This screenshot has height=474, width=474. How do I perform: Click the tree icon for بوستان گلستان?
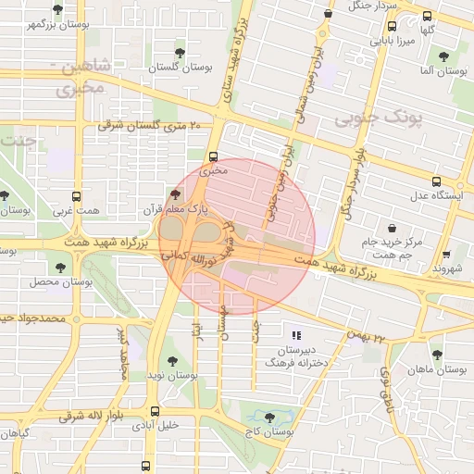[x=179, y=53]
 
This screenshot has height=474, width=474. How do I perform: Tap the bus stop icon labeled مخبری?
[x=214, y=156]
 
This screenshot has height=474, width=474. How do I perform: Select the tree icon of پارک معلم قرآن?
[x=176, y=194]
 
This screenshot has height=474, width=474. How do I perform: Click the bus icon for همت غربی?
[x=76, y=196]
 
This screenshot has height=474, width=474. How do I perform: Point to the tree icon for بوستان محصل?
[x=61, y=267]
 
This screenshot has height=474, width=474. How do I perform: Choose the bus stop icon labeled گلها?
[x=427, y=17]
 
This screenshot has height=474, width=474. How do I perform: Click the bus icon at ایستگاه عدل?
[x=436, y=181]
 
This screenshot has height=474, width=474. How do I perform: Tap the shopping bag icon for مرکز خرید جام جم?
[x=392, y=228]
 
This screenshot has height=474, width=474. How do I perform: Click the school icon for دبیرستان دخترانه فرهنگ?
[x=296, y=335]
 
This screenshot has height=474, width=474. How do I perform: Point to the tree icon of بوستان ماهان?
[x=436, y=355]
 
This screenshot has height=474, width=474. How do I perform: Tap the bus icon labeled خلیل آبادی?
[x=155, y=411]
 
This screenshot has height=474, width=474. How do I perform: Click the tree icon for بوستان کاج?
[x=269, y=418]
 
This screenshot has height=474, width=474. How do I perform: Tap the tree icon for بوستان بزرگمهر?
[x=57, y=9]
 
